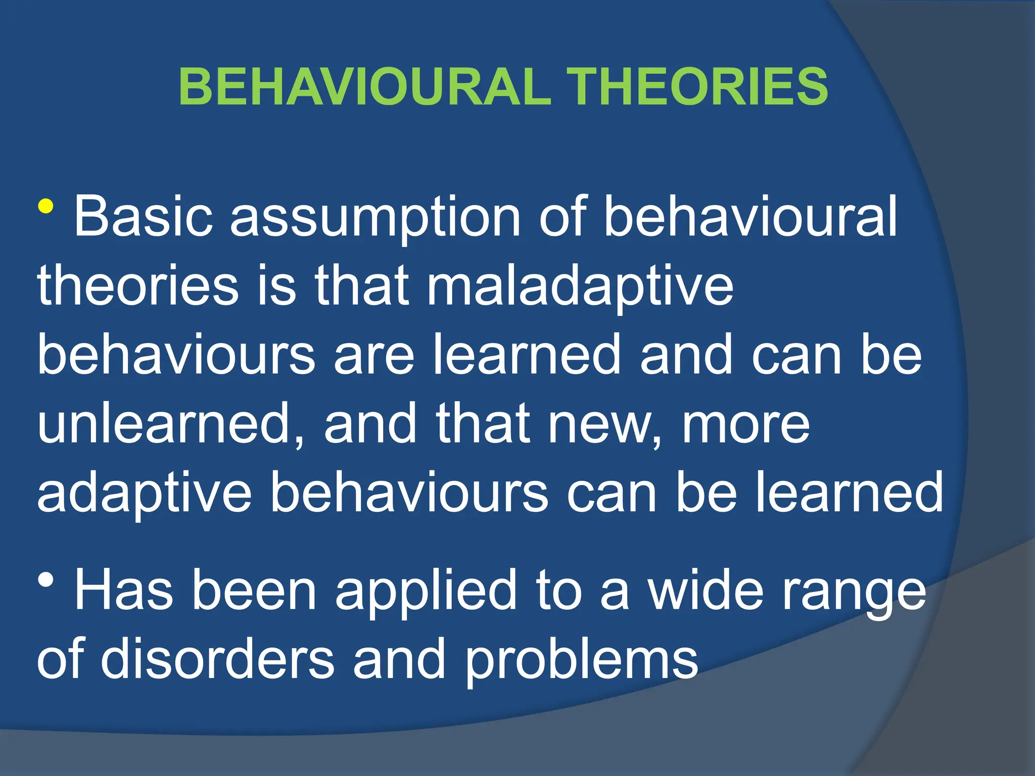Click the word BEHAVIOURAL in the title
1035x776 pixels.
tap(364, 87)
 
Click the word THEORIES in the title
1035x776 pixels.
tap(697, 87)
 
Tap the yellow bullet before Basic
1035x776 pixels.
tap(45, 207)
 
